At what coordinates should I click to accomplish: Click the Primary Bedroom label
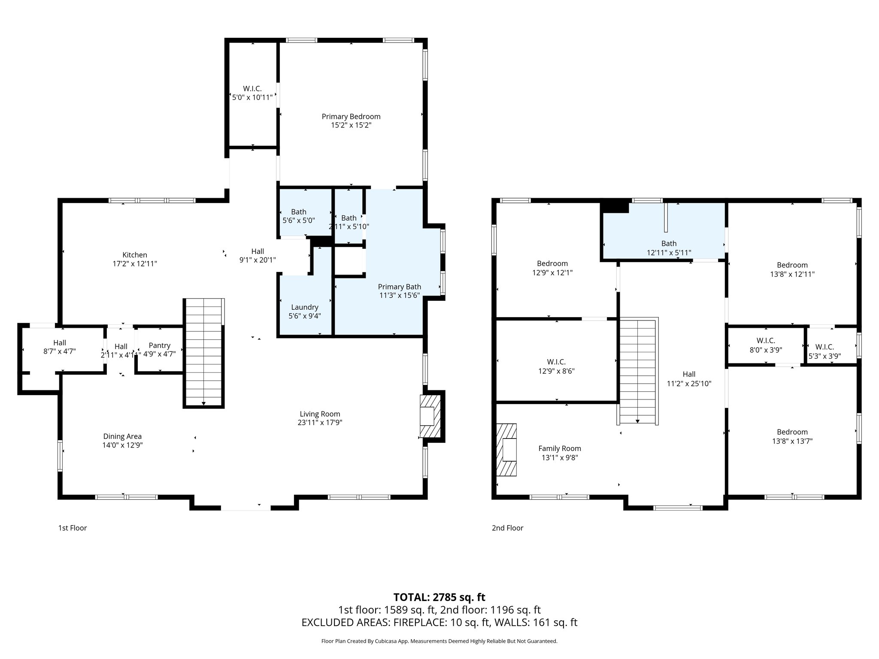[351, 117]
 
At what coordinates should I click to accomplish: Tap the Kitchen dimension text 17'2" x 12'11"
[135, 264]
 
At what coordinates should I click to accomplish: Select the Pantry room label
[160, 345]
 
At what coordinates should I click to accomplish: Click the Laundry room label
[305, 307]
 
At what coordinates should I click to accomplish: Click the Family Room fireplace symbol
[507, 450]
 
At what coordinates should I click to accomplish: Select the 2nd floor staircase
[638, 371]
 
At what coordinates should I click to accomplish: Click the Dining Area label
[122, 436]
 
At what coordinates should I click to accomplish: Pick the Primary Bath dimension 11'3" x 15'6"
[399, 295]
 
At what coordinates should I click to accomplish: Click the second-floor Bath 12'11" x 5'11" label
[669, 244]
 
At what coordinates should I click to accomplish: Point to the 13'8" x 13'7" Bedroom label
[792, 432]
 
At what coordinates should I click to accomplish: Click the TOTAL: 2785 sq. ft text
[439, 597]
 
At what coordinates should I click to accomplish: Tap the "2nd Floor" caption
[507, 528]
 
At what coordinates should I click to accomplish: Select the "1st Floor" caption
[73, 528]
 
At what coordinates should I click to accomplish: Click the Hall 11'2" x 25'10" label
[689, 374]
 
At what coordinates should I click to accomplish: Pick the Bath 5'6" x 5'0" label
[299, 212]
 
